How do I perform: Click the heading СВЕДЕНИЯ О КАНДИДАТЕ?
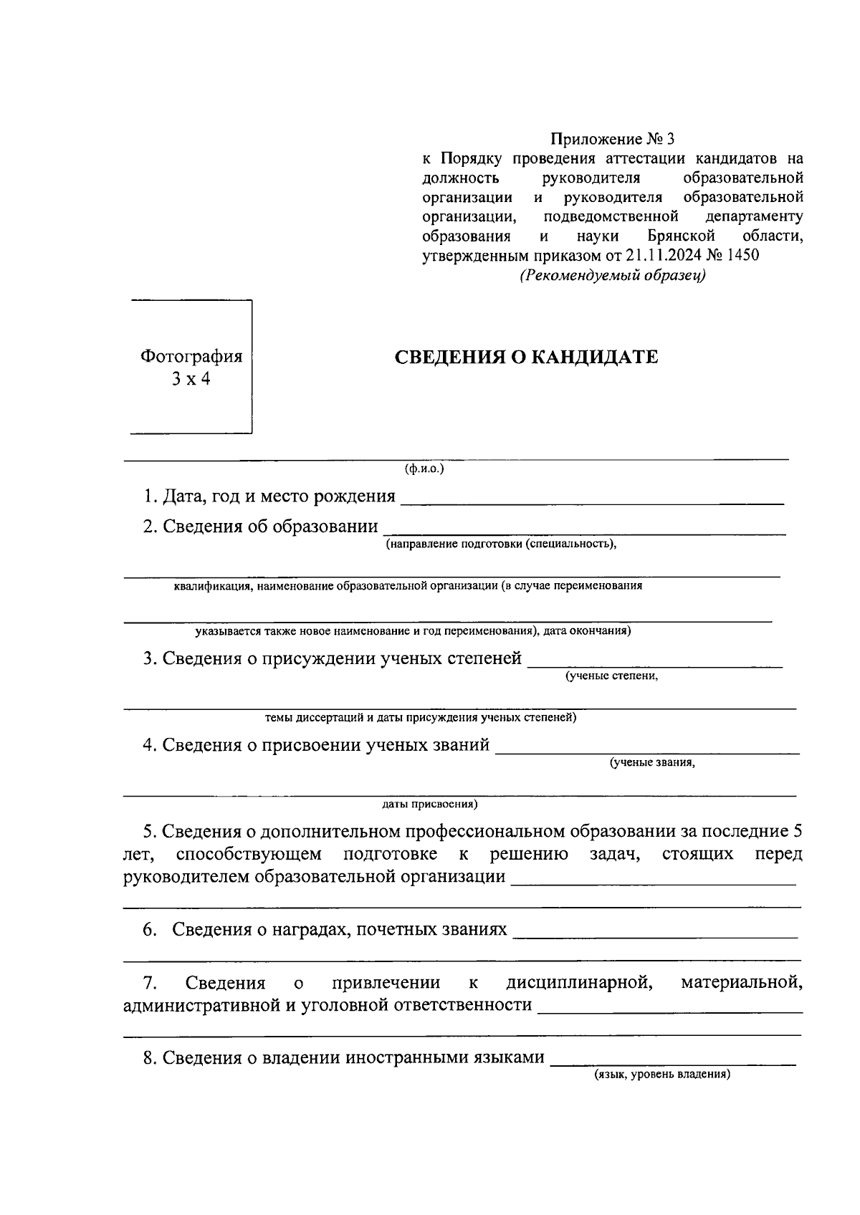527,357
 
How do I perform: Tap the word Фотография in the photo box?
191,356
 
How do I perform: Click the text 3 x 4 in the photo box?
191,380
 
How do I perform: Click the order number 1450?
742,255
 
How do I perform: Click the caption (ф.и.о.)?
424,469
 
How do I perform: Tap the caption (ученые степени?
611,676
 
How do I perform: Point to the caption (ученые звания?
652,762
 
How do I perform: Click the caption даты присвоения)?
430,805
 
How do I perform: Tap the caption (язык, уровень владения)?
661,1075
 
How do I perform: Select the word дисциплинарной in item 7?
579,982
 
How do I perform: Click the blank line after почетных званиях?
656,936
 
